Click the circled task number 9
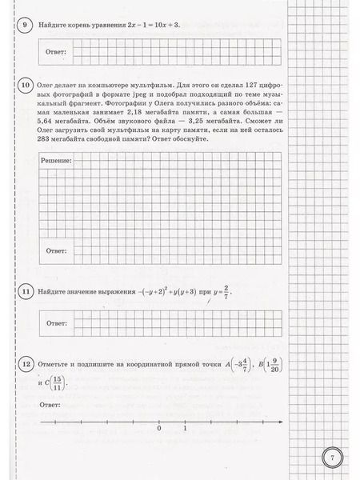pyautogui.click(x=25, y=24)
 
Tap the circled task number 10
pyautogui.click(x=24, y=84)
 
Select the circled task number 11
pyautogui.click(x=25, y=293)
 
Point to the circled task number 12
pyautogui.click(x=25, y=366)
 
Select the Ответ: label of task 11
pyautogui.click(x=54, y=322)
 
